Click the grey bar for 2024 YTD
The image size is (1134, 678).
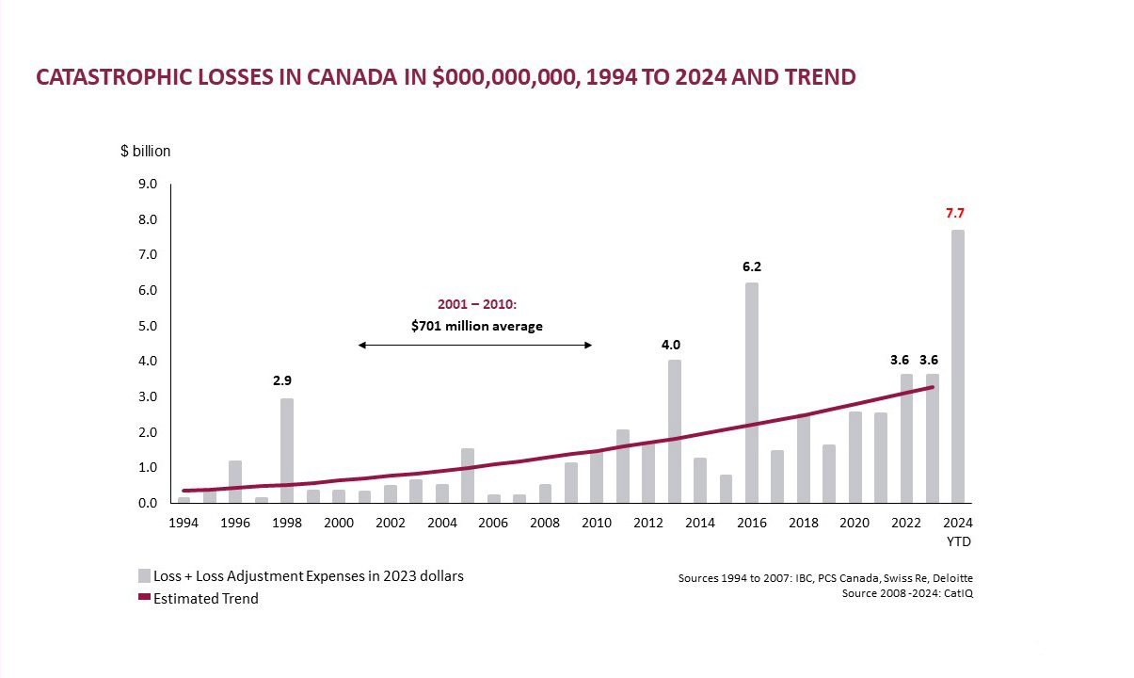957,366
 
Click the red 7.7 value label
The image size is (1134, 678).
956,214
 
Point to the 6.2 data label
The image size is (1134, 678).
751,267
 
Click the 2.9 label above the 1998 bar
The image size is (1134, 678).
282,381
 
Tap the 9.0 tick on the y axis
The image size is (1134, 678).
148,185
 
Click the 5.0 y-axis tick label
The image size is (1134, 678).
148,326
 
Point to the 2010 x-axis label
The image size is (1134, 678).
597,523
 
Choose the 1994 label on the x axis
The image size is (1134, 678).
184,523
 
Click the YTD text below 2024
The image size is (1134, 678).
958,541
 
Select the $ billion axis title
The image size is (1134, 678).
146,151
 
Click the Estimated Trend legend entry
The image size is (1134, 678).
205,598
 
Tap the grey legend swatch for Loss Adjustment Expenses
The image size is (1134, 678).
144,575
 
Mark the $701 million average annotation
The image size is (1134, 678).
477,326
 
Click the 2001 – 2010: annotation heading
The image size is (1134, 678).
477,305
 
